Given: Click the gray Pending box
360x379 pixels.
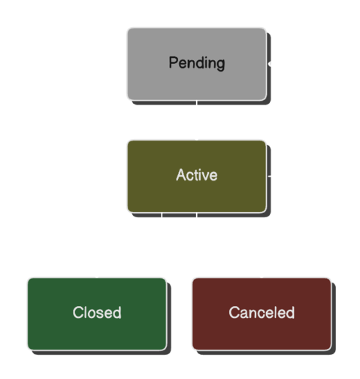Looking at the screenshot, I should pos(196,83).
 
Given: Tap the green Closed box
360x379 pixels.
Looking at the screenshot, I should pos(97,331).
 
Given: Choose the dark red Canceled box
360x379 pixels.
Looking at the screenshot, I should pos(261,331).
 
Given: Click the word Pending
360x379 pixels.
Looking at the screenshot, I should pos(196,62).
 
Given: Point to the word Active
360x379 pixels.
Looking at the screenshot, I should pos(196,175).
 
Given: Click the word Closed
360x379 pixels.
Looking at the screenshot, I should pos(97,313).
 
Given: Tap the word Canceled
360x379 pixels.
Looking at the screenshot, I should pos(261,313).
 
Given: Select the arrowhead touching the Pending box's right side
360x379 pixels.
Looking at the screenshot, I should pos(274,66).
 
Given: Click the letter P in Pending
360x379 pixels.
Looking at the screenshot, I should pos(173,62).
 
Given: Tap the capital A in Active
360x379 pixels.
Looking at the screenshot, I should pos(180,175).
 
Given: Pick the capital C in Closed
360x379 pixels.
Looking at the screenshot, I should pos(77,313).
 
